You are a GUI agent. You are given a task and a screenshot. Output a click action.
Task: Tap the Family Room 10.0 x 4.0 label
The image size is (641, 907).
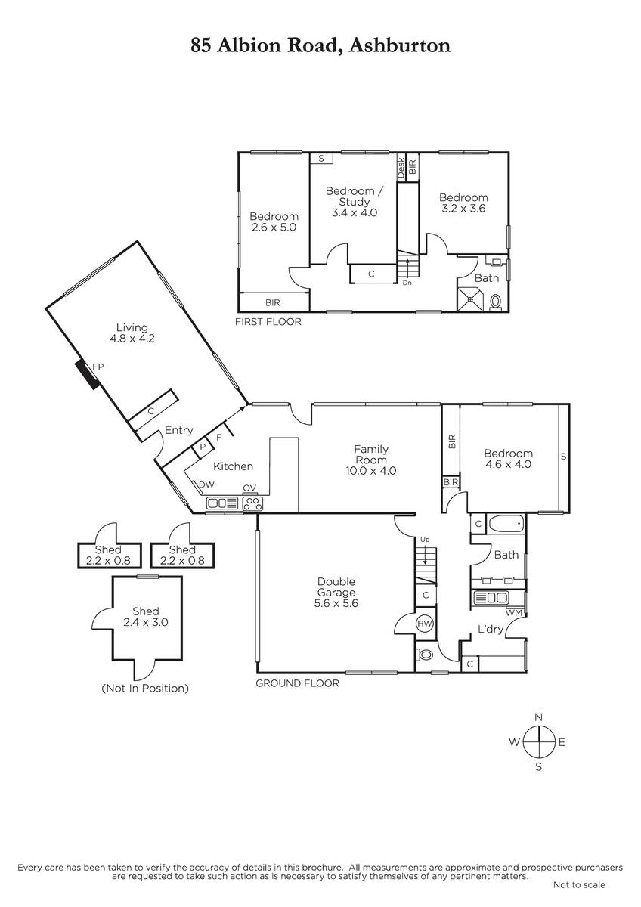[371, 460]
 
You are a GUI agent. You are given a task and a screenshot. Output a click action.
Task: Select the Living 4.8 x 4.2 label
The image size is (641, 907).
[132, 333]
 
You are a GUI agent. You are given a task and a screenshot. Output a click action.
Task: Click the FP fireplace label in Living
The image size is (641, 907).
[98, 367]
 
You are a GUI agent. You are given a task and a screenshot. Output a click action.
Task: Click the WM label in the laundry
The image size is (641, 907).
[514, 613]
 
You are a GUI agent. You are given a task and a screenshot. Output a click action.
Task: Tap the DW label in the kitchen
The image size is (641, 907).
[206, 484]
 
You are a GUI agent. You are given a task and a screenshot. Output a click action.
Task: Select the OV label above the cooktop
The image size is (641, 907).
[249, 488]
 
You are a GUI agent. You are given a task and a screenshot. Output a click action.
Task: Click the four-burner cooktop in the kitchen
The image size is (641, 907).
[252, 503]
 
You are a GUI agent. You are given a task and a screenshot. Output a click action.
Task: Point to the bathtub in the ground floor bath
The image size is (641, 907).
[506, 525]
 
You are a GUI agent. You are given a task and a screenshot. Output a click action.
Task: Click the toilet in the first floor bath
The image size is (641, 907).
[495, 302]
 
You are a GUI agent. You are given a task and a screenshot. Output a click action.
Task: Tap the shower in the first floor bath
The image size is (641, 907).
[470, 299]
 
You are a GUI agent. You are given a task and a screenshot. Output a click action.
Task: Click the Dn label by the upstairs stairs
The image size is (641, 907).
[407, 283]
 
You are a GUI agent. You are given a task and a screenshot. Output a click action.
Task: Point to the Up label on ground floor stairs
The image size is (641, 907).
[425, 540]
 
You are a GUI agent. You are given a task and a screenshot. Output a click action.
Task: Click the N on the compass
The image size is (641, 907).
[538, 717]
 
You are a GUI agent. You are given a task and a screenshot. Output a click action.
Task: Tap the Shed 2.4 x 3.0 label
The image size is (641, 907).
[145, 617]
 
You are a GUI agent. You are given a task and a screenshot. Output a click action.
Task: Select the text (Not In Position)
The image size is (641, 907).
[145, 688]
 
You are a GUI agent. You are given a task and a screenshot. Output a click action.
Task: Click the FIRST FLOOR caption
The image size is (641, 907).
[268, 322]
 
